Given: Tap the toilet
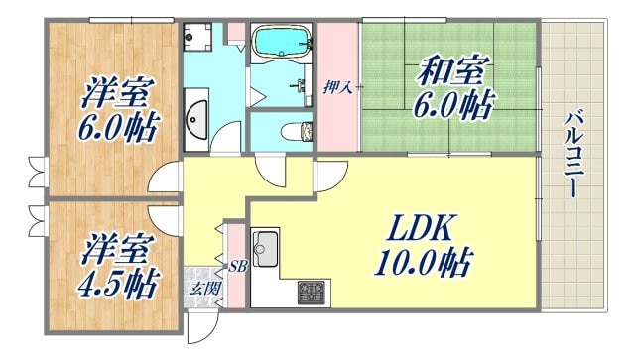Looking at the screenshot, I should [294, 130].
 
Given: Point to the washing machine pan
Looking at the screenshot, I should [197, 37].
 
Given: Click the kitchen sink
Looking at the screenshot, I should [264, 248].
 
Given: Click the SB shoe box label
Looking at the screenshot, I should [237, 267].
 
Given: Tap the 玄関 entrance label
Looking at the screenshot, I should [206, 289].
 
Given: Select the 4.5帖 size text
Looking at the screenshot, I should [117, 284].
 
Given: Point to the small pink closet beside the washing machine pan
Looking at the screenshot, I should [236, 30].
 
